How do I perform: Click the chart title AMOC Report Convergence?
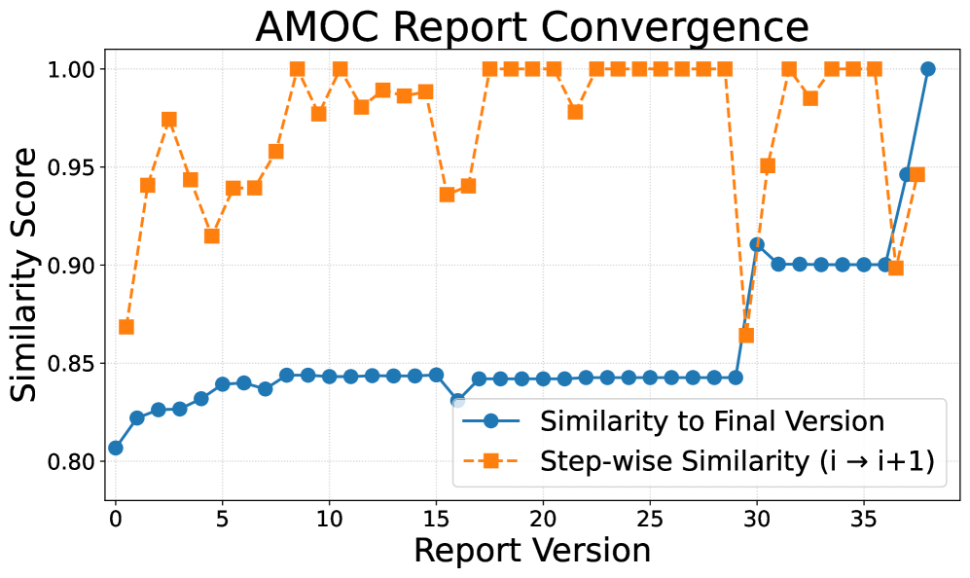(x=531, y=27)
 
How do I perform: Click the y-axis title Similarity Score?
(x=26, y=273)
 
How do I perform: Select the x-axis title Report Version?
(x=531, y=551)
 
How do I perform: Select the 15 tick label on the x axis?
(x=436, y=518)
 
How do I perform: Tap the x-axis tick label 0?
(x=116, y=518)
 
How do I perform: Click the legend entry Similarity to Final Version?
(x=711, y=421)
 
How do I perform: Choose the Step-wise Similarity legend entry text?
(x=736, y=463)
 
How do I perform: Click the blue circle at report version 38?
(x=928, y=69)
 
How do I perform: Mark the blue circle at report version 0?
(x=116, y=448)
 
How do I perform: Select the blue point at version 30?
(x=757, y=244)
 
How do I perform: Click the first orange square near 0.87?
(x=126, y=327)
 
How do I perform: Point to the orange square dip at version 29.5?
(x=746, y=336)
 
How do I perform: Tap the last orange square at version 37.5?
(x=917, y=175)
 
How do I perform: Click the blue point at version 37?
(x=907, y=175)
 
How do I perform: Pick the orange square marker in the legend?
(x=491, y=463)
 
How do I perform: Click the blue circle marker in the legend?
(x=491, y=421)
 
